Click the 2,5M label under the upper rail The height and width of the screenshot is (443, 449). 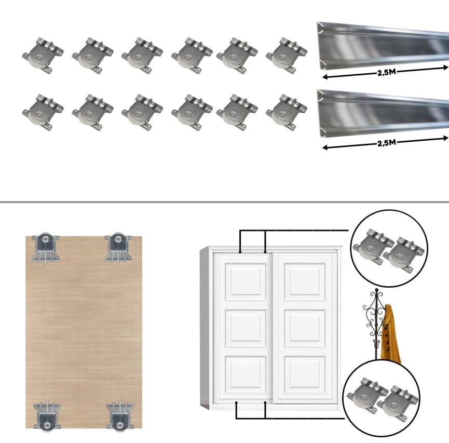pos(386,72)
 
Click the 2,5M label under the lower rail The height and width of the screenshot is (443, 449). pos(386,143)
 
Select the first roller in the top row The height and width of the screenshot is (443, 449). pos(43,56)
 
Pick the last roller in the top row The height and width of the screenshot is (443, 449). pos(287,56)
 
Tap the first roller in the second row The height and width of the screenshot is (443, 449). pos(43,112)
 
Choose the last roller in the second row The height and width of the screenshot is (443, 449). pos(287,112)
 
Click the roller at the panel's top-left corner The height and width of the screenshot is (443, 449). pos(46,248)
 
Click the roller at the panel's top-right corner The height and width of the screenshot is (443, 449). pos(118,248)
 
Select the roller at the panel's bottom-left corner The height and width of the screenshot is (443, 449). pos(47,415)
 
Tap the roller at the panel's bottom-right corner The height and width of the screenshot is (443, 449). pos(120,415)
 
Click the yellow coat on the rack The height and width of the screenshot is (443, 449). pos(390,334)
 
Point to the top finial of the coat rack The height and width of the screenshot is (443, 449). pos(376,290)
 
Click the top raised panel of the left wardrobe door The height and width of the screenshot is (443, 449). pos(246,281)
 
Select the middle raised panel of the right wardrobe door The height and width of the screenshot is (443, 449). pos(305,328)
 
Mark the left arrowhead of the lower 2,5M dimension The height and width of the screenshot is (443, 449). pos(324,147)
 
